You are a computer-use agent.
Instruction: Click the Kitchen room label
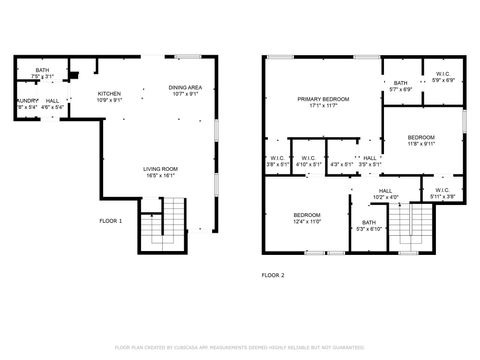tap(109, 93)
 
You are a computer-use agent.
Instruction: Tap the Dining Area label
tap(185, 87)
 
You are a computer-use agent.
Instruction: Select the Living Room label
tap(160, 169)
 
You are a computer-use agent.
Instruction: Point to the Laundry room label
tap(26, 101)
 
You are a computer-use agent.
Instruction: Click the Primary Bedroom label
tap(323, 99)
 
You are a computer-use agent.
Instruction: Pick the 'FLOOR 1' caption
tap(110, 220)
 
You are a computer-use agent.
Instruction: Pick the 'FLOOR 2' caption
tap(273, 274)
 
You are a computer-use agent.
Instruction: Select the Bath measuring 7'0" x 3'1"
tap(42, 70)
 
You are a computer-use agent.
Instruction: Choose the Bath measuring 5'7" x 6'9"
tap(401, 83)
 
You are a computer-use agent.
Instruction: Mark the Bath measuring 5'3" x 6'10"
tap(369, 223)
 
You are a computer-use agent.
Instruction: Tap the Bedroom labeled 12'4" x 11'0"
tap(306, 215)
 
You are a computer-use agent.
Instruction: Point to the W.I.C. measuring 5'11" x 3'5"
tap(442, 190)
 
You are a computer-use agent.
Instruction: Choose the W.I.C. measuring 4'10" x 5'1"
tap(308, 157)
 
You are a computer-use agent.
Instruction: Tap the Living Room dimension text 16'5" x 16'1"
tap(160, 176)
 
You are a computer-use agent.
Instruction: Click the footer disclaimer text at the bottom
tap(240, 347)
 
